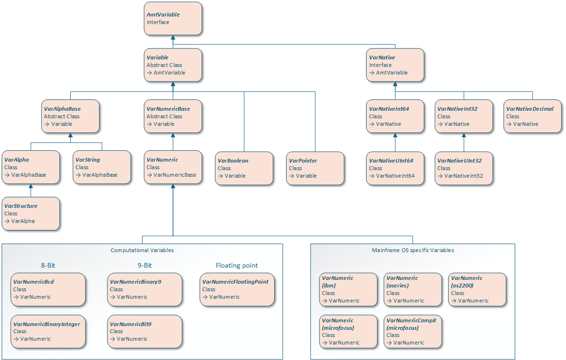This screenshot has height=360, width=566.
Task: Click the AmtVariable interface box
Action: coord(173,18)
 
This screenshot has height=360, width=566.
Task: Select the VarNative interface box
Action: coord(395,65)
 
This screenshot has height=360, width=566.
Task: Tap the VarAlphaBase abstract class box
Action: coord(71,116)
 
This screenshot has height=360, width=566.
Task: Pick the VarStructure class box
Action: coord(31,213)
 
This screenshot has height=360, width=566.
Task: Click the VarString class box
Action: coord(102,167)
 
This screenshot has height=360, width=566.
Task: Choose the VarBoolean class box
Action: coord(244,168)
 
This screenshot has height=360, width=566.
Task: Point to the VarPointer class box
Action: coord(315,168)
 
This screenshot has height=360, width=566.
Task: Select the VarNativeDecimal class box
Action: coord(533,116)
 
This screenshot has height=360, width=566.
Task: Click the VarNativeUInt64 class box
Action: coord(395,168)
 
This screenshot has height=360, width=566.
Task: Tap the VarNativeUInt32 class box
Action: coord(464,168)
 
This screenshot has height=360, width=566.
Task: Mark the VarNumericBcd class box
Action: coord(48,289)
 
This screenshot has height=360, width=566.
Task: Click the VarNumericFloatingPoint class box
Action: coord(237,289)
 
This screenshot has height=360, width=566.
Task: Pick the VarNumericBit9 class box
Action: coord(145,331)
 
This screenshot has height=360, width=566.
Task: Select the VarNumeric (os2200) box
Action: coord(477,289)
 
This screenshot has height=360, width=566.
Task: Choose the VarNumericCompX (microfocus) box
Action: coord(413,331)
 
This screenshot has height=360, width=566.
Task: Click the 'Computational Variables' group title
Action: coord(142,250)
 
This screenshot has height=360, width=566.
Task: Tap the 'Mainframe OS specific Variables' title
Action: coord(413,250)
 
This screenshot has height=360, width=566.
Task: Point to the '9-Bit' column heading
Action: coord(145,265)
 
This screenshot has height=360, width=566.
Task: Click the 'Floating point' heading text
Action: coord(237,265)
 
